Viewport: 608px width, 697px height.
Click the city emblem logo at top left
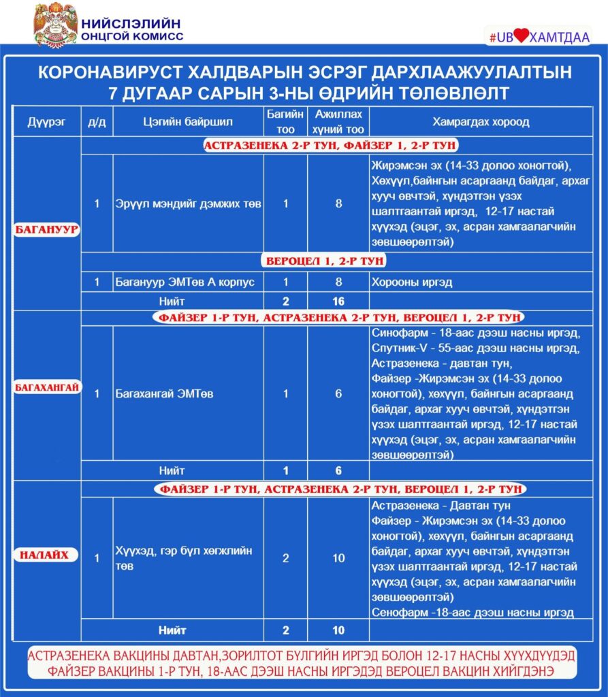point(56,25)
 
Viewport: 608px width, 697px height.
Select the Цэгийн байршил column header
point(189,123)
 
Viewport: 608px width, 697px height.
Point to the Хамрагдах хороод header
point(481,123)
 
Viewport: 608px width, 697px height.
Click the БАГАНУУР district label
point(47,229)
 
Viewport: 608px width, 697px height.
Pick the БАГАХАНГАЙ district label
point(47,388)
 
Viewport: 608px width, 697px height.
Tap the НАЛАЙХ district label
point(47,555)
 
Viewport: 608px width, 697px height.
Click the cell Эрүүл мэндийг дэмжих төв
point(188,204)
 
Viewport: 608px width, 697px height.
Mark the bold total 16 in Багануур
point(338,302)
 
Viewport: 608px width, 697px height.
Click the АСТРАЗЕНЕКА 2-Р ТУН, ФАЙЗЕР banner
point(331,146)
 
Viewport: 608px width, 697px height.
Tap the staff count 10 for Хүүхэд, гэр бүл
point(338,558)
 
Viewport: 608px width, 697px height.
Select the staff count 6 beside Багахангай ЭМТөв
point(338,393)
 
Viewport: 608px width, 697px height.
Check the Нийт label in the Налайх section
point(172,630)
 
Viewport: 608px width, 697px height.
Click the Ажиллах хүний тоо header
point(338,123)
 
